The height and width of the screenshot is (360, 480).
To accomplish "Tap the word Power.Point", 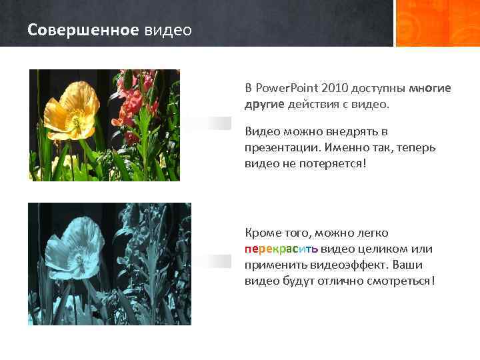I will click(x=287, y=88).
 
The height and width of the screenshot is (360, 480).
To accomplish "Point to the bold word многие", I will click(x=429, y=88).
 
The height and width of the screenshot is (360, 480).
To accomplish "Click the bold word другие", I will click(x=265, y=104).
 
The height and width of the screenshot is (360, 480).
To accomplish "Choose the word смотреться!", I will click(x=402, y=281).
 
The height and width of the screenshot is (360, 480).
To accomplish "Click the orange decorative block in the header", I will click(x=437, y=23).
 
